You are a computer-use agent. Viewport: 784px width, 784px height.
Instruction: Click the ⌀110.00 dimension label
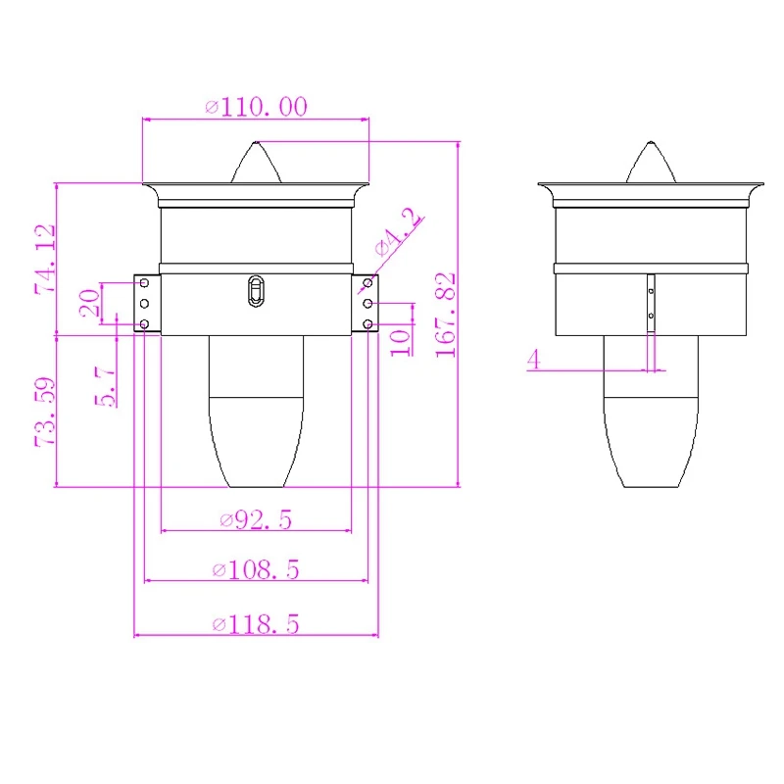click(256, 107)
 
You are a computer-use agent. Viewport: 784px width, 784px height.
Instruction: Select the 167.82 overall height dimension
click(445, 315)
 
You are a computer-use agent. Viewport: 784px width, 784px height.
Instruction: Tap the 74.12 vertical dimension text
click(45, 259)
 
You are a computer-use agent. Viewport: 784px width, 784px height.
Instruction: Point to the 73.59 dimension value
click(44, 412)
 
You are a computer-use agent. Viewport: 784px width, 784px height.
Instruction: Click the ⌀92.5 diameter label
click(256, 519)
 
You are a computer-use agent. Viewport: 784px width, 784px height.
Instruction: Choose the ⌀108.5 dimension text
click(256, 569)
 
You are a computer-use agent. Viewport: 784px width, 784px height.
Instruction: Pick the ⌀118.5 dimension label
click(256, 624)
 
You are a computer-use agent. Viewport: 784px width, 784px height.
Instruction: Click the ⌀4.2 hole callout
click(399, 232)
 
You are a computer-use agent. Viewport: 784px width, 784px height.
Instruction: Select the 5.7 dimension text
click(106, 386)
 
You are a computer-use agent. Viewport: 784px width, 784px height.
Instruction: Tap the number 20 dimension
click(90, 303)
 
